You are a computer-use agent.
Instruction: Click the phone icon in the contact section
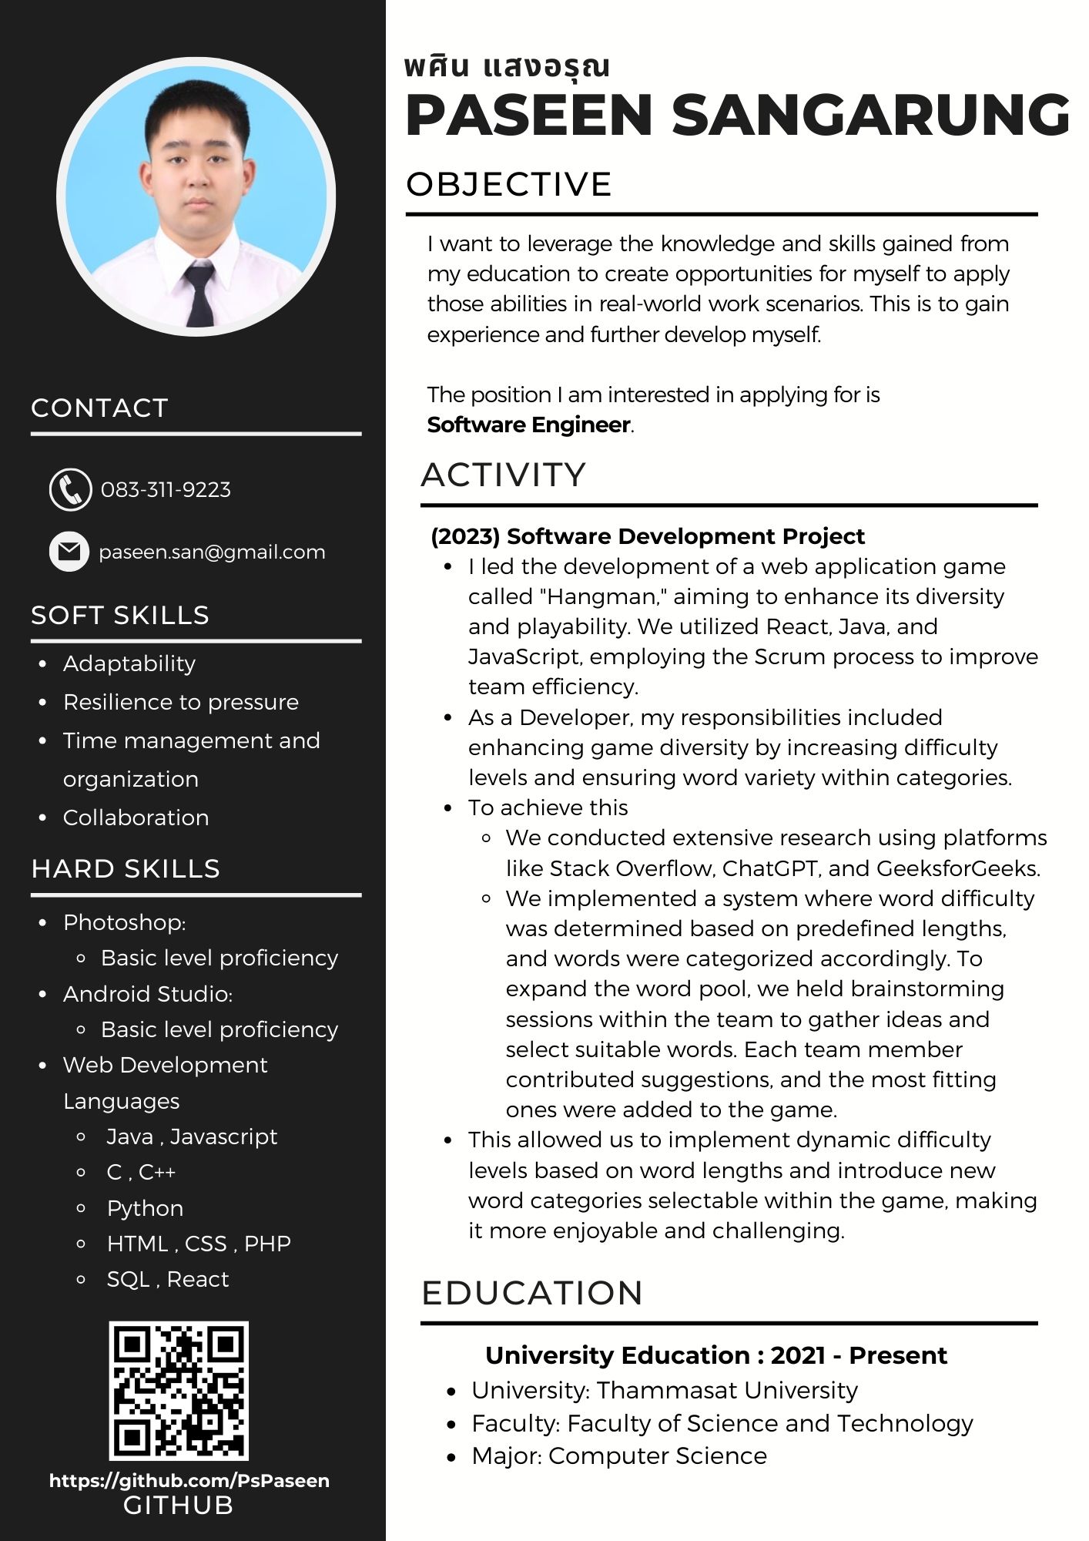70,489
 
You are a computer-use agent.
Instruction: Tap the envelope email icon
69,552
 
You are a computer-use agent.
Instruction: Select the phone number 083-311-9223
166,490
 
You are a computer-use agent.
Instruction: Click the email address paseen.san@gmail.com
212,552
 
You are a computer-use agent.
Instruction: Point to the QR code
179,1391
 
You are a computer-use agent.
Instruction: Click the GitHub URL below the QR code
189,1481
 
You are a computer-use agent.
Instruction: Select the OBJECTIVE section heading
509,185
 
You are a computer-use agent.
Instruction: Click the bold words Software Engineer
529,425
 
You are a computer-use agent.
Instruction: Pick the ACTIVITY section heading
504,475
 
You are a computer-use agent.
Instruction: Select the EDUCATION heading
532,1294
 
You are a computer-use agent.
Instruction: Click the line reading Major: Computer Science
619,1456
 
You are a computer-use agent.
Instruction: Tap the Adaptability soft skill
129,663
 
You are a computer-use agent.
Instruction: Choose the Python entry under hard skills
145,1208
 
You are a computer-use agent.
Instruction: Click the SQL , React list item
167,1279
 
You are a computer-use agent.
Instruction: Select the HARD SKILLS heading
126,869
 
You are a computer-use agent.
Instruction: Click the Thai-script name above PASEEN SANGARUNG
507,68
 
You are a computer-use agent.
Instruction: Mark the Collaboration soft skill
136,818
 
